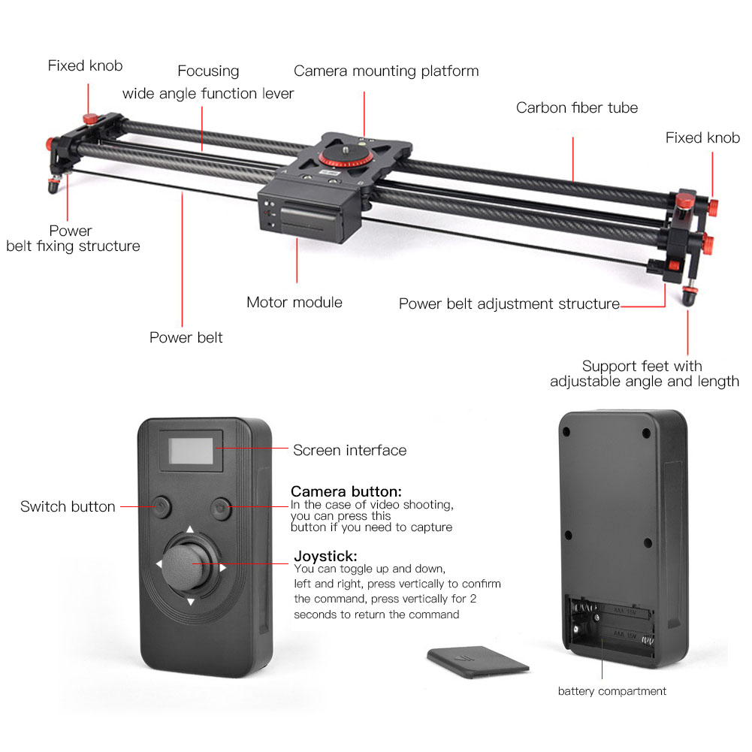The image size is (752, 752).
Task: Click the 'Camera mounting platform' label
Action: [385, 71]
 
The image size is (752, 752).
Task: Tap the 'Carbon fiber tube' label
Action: [576, 108]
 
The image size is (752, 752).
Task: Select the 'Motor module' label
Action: [294, 303]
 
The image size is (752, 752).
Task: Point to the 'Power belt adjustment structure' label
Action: [509, 304]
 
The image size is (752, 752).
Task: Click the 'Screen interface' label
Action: [349, 451]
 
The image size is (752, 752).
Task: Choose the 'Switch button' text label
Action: [68, 507]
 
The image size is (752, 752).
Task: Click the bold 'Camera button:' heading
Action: [346, 491]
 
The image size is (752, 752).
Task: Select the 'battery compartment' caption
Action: [612, 691]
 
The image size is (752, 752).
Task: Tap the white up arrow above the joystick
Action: [190, 529]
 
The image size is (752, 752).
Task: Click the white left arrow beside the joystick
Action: [159, 563]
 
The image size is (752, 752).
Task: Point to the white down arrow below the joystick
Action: [190, 601]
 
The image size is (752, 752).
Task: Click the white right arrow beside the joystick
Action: [222, 566]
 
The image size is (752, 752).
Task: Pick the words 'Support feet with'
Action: [642, 367]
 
